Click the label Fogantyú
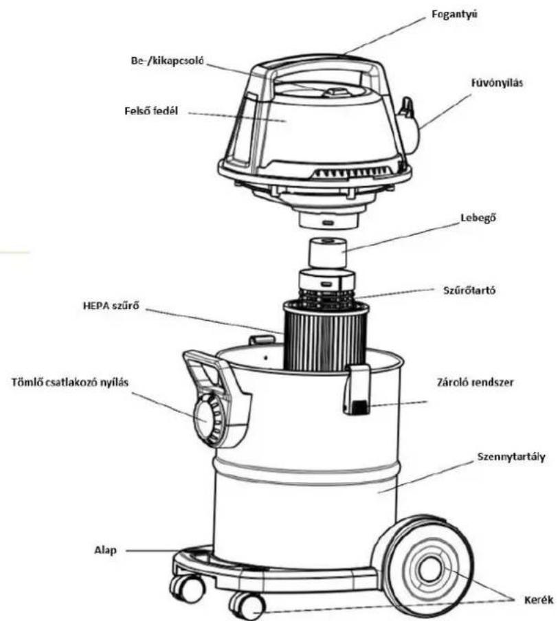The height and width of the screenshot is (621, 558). (454, 14)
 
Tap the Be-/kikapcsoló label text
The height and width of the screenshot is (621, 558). (167, 60)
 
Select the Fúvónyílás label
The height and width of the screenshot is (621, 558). (497, 82)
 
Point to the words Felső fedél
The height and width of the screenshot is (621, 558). (151, 111)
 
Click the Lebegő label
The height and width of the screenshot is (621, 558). (478, 218)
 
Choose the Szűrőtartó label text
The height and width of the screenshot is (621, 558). (469, 291)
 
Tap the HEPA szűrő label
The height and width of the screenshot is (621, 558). (111, 306)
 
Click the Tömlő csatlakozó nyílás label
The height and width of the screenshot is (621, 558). (70, 383)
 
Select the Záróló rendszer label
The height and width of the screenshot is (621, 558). (475, 383)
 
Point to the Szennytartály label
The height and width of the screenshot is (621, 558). (511, 457)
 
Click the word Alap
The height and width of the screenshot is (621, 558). (105, 550)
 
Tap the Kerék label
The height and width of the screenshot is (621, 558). (539, 600)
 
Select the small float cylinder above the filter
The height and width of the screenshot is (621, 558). (327, 252)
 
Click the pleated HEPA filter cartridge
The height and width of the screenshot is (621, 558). (326, 336)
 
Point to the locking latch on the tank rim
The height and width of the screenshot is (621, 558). (357, 389)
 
